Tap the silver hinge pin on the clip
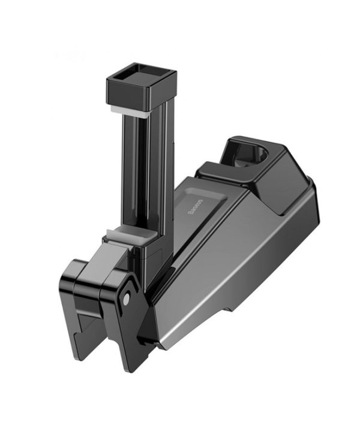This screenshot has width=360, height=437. tap(126, 299)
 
